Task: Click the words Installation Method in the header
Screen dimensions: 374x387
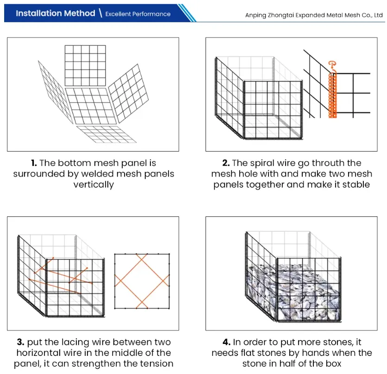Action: [x=55, y=13]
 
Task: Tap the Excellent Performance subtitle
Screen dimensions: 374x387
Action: [x=137, y=14]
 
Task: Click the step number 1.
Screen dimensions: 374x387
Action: [x=33, y=163]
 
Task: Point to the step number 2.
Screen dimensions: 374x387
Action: [x=225, y=163]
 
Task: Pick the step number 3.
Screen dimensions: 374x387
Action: [x=20, y=342]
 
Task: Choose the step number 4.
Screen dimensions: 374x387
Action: [x=226, y=342]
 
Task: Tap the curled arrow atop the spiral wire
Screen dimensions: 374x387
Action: [x=331, y=65]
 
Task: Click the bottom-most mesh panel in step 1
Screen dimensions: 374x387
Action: [x=106, y=134]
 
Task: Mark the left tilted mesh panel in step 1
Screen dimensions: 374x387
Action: [x=53, y=93]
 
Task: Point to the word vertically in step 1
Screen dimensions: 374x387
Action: [x=93, y=184]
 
